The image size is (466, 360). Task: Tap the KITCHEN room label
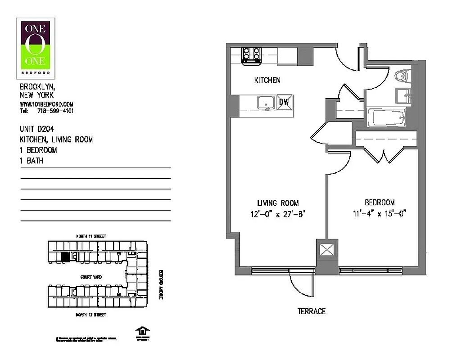pyautogui.click(x=267, y=80)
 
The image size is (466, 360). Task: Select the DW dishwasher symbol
pyautogui.click(x=284, y=102)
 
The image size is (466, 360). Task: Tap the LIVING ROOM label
pyautogui.click(x=278, y=203)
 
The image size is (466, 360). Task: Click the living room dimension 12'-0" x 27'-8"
pyautogui.click(x=278, y=214)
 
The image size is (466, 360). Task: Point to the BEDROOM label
pyautogui.click(x=379, y=202)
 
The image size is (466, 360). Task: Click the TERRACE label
pyautogui.click(x=311, y=311)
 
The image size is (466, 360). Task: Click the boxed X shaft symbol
pyautogui.click(x=326, y=249)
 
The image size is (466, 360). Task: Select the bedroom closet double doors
pyautogui.click(x=384, y=155)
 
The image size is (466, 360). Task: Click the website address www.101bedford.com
pyautogui.click(x=46, y=104)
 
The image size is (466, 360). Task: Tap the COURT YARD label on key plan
pyautogui.click(x=91, y=277)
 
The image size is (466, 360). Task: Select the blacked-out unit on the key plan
pyautogui.click(x=66, y=256)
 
